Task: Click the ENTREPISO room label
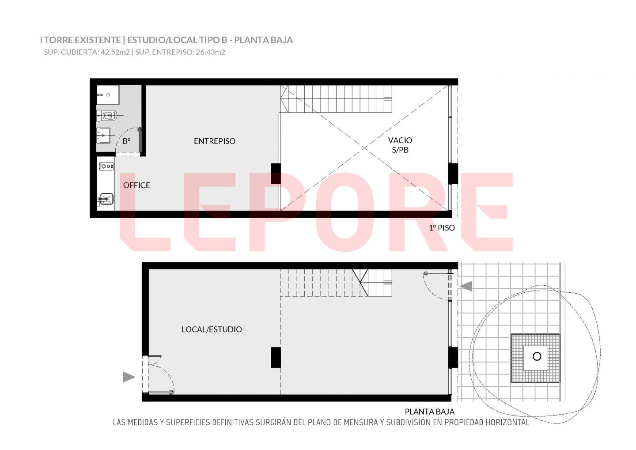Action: click(214, 141)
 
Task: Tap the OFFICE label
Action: click(136, 185)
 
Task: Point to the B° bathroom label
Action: click(127, 141)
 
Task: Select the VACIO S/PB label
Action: click(400, 145)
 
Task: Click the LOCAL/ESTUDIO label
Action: click(212, 329)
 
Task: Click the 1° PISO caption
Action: click(442, 228)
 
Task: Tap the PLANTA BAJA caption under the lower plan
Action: click(430, 412)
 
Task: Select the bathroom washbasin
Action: click(104, 136)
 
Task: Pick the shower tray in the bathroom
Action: click(108, 95)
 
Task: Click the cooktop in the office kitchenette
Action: click(107, 166)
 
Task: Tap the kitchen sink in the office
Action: click(106, 199)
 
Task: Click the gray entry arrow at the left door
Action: click(129, 377)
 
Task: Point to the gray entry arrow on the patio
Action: click(466, 286)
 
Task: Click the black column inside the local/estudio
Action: click(276, 357)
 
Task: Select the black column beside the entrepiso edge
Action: click(276, 174)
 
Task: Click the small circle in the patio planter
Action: click(537, 356)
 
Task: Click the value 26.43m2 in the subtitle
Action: click(210, 52)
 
